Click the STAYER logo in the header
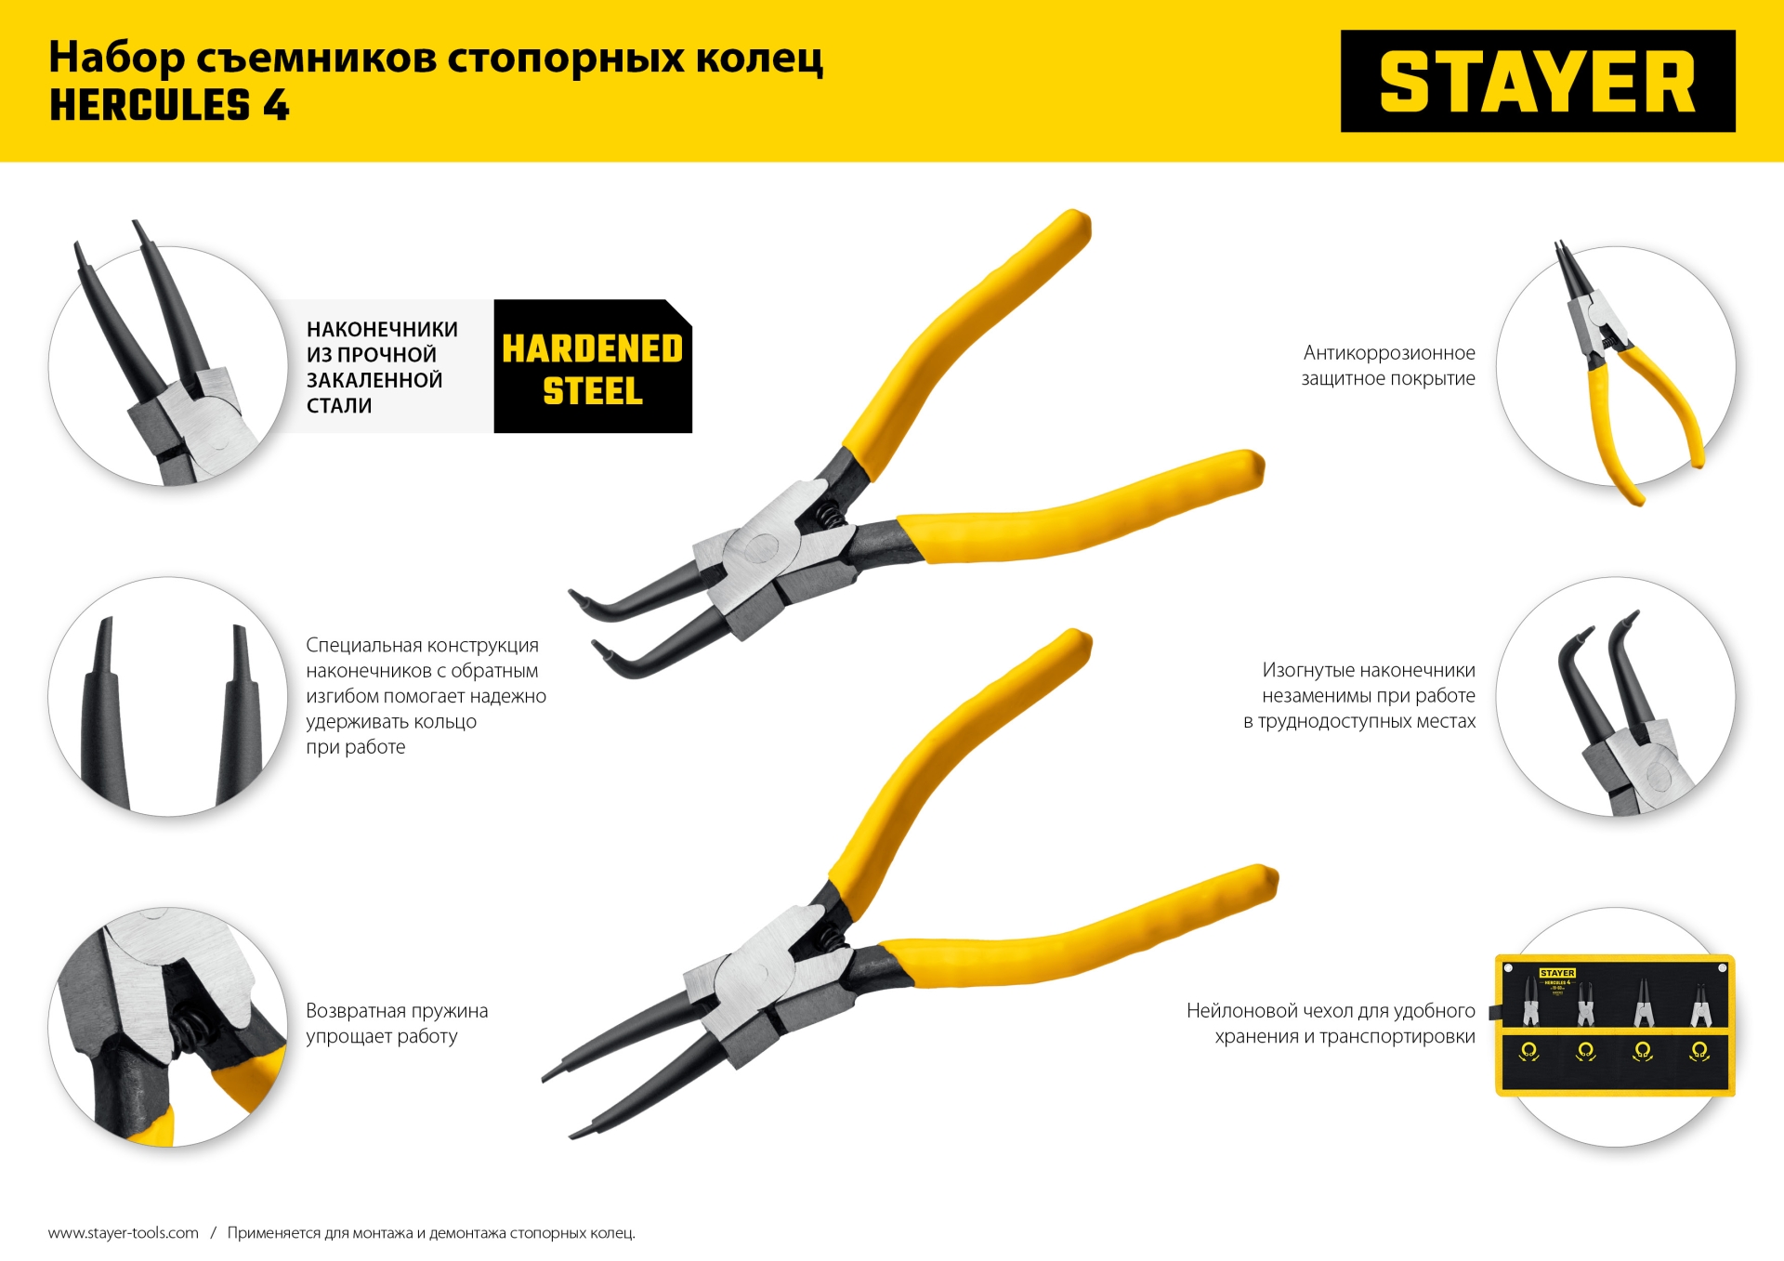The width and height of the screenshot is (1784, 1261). coord(1537,82)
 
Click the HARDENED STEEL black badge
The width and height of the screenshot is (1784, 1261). coord(593,368)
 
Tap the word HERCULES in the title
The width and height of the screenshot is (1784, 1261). coord(150,105)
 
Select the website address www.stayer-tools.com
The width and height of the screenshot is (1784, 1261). coord(124,1232)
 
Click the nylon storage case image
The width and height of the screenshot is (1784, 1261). coord(1615,1024)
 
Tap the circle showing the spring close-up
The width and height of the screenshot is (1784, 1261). coord(168,1026)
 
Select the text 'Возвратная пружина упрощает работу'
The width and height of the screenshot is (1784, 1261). coord(397,1023)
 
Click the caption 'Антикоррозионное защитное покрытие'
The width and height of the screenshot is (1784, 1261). coord(1388,365)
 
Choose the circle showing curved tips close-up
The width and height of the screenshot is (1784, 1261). coord(1615,697)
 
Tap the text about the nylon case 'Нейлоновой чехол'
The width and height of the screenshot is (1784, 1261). coord(1331,1023)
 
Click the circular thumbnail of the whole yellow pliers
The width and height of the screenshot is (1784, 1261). coord(1615,366)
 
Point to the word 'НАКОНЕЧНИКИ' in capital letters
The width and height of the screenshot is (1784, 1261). coord(382,329)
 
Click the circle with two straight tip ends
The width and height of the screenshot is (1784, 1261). coord(168,697)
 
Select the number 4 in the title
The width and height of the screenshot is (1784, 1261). coord(276,105)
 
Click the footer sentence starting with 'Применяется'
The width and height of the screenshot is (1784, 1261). coord(431,1232)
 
